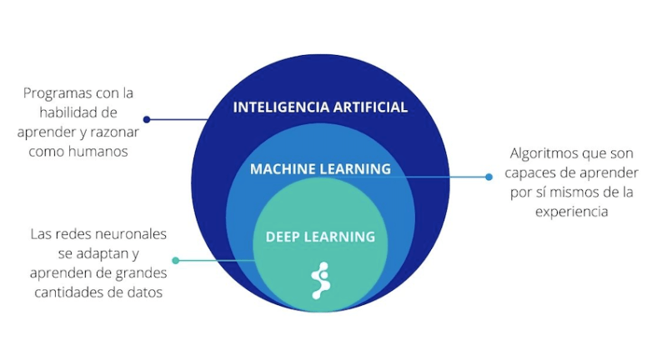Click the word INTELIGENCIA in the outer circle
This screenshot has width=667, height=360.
tap(281, 107)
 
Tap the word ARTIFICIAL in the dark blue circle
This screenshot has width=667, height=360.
tap(370, 107)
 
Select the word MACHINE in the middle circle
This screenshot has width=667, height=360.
tap(283, 169)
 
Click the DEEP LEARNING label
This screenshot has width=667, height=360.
tap(320, 237)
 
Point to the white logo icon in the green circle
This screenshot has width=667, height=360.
tap(321, 281)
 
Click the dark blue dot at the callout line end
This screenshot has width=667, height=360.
tap(147, 120)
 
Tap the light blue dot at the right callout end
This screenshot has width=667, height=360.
tap(489, 177)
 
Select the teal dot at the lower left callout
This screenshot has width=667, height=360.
tap(176, 260)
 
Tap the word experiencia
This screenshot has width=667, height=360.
tap(571, 212)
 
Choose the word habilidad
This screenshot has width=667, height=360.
tap(65, 112)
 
